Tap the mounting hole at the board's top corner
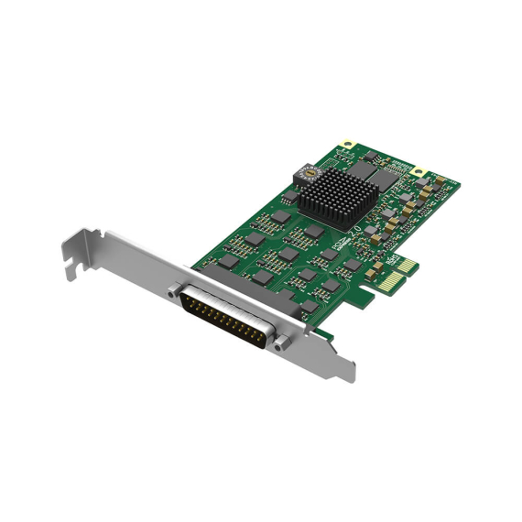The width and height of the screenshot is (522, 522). tap(347, 144)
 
